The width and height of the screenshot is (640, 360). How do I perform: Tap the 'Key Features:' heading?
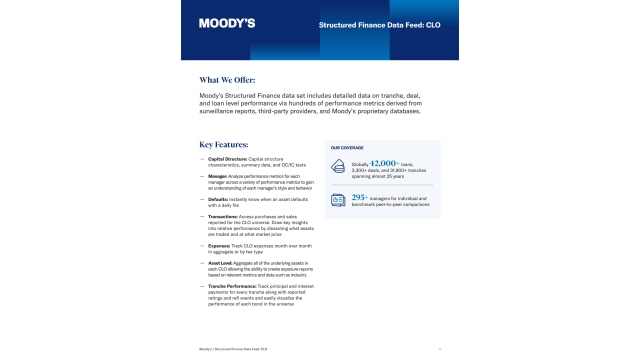226,144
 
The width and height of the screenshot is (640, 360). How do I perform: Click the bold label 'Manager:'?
217,175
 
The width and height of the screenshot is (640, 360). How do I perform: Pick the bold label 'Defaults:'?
217,199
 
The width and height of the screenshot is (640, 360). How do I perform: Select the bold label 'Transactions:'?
223,216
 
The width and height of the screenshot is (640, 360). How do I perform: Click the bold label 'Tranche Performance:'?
231,286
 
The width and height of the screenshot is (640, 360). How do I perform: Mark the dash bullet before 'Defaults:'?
203,199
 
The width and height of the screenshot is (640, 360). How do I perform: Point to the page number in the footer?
440,349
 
